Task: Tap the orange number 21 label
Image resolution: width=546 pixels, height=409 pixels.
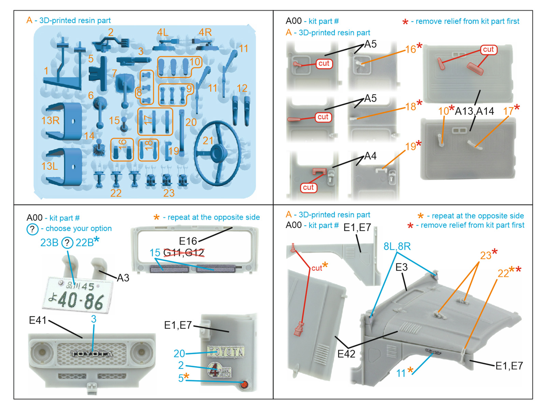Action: click(208, 140)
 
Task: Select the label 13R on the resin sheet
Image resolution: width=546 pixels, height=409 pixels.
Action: click(50, 120)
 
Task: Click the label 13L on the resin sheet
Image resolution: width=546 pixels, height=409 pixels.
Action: click(49, 166)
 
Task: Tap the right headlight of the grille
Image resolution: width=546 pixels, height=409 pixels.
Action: click(140, 352)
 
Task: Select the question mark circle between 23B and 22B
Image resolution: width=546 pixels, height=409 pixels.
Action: click(67, 243)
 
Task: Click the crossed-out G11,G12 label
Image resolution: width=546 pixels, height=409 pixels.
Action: click(184, 253)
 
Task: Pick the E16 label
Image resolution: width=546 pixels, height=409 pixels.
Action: click(188, 241)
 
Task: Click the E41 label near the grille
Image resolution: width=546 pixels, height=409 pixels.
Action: click(38, 320)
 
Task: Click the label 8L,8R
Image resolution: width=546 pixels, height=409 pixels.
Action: click(397, 246)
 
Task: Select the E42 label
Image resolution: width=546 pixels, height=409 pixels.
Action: click(346, 354)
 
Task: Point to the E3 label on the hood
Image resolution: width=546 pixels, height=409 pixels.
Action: click(401, 267)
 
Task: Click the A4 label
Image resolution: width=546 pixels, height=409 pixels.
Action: click(370, 156)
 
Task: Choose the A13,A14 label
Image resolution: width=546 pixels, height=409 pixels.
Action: click(474, 111)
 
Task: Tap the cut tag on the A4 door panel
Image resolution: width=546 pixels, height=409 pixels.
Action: click(308, 187)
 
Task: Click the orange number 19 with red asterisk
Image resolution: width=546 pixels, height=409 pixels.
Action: click(411, 147)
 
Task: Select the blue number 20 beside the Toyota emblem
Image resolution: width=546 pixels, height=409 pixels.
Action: click(179, 353)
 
